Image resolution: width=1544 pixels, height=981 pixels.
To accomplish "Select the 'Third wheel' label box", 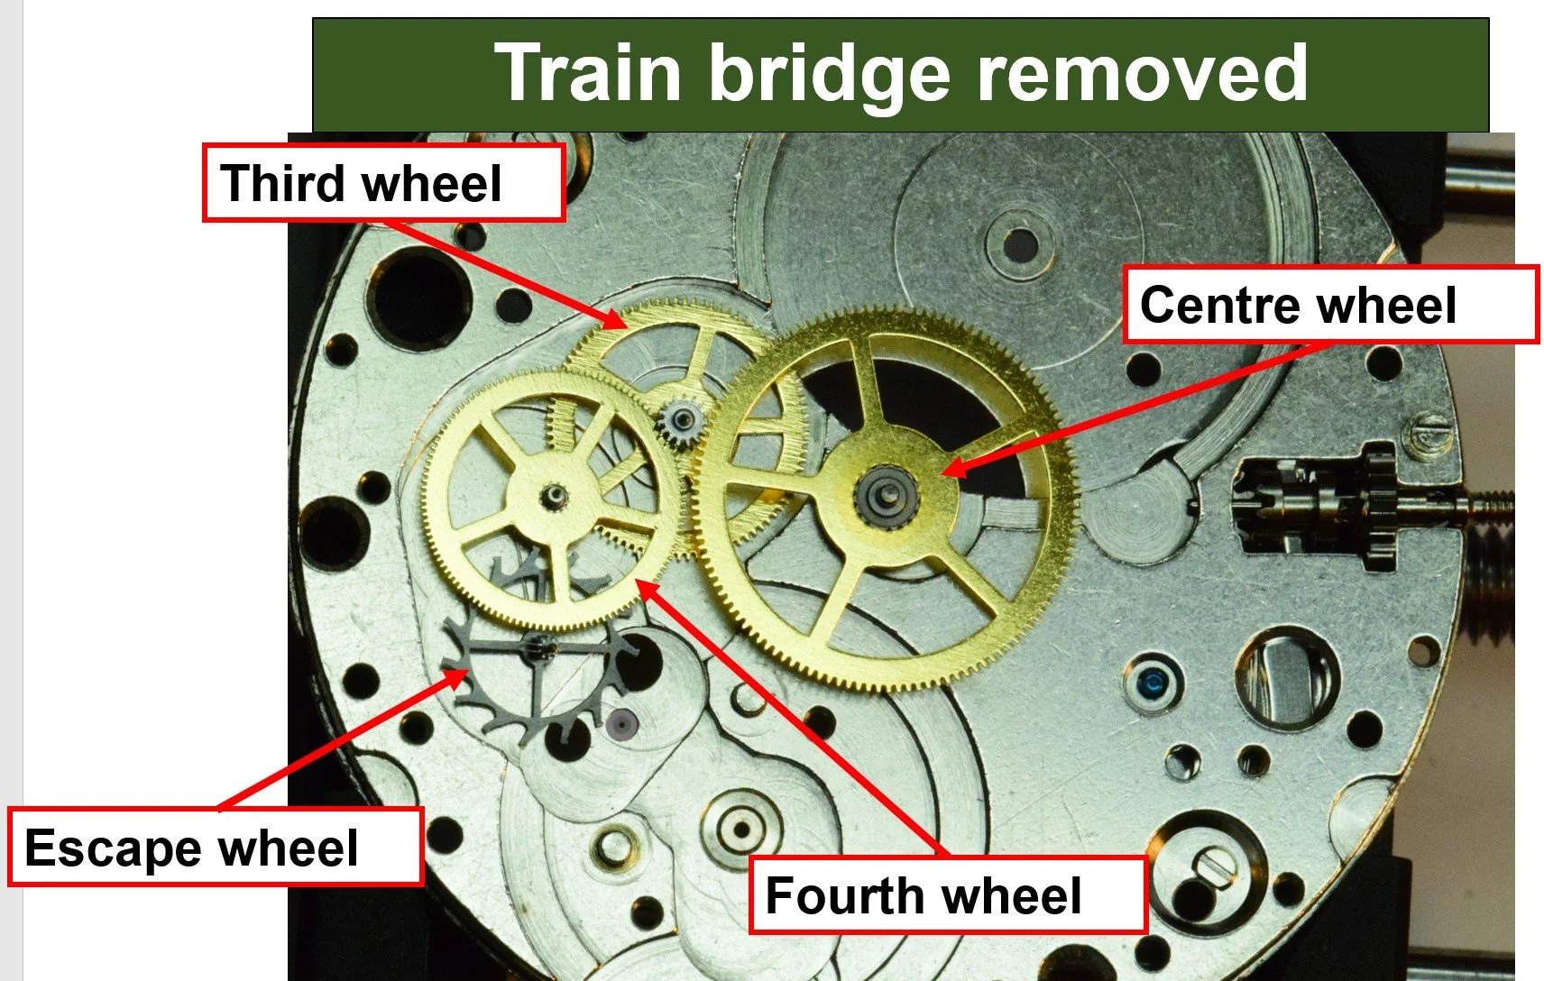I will (x=383, y=183).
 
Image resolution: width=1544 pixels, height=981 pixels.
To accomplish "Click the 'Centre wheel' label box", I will (x=1329, y=305).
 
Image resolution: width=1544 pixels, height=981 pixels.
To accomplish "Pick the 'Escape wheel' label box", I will (x=215, y=847).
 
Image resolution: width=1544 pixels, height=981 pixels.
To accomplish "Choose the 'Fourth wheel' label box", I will (x=947, y=895).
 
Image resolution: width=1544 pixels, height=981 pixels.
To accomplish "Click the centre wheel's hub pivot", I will (x=889, y=492).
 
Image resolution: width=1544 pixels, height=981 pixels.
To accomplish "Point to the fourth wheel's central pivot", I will (x=553, y=494).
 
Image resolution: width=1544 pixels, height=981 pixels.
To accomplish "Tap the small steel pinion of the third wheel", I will (x=682, y=419).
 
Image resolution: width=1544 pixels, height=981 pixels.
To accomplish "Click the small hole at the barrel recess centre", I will (x=1020, y=243).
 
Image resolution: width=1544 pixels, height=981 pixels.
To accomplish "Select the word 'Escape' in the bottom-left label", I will (x=113, y=848).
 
